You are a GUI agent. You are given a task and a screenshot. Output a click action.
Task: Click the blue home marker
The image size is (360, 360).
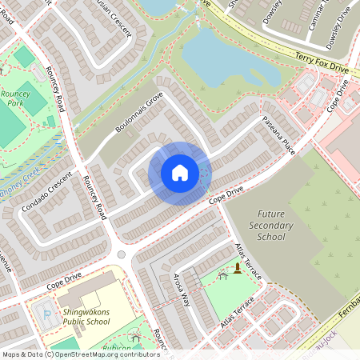tap(180, 173)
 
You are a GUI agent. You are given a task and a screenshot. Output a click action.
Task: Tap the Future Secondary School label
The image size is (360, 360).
tap(272, 226)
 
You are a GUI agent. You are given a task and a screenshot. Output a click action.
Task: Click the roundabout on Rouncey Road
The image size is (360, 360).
tap(122, 254)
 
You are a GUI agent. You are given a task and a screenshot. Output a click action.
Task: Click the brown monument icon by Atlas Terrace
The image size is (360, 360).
tap(238, 268)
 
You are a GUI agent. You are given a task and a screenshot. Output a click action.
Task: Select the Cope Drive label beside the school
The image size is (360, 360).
tap(64, 278)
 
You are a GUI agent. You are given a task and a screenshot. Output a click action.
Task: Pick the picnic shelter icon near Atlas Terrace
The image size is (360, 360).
tap(223, 275)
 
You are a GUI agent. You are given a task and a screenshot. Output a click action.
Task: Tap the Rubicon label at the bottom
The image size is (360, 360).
tap(116, 348)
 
